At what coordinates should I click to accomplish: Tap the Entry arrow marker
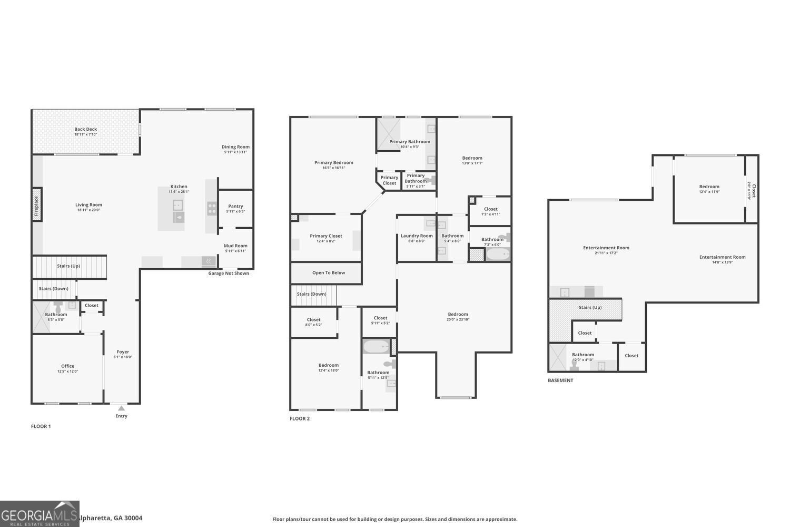coord(121,408)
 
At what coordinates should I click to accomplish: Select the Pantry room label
coord(235,209)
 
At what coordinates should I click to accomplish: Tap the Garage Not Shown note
coord(229,274)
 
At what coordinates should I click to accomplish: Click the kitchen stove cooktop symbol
coord(212,209)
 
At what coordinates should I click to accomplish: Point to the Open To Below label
coord(329,273)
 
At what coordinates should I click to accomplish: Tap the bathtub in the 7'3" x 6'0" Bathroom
coord(498,255)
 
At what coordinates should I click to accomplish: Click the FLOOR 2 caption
coord(300,419)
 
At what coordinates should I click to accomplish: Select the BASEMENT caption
coord(560,380)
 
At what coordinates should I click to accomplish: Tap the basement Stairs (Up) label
coord(590,308)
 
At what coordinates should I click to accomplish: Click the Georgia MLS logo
coord(39,514)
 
